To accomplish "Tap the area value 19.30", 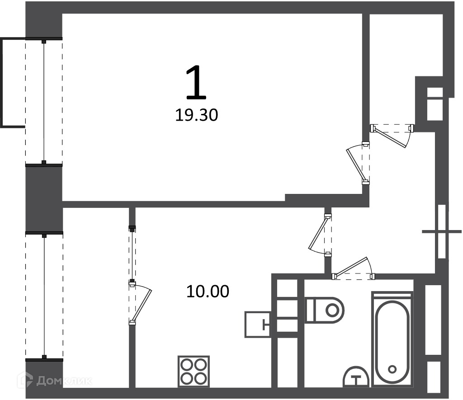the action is click(x=197, y=115).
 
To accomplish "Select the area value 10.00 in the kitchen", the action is click(x=208, y=292).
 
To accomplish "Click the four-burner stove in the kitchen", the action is click(x=194, y=372).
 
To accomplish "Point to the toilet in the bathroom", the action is click(x=325, y=310).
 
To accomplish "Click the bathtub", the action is click(x=392, y=339).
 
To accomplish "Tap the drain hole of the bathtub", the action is click(x=392, y=369).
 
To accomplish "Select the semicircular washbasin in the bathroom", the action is click(x=356, y=376).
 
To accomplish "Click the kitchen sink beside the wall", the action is click(x=258, y=325).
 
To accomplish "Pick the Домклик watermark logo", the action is click(x=54, y=381).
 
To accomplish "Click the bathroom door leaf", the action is click(x=351, y=267).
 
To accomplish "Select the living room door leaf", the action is click(x=356, y=166).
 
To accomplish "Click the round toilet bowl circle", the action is click(x=332, y=310).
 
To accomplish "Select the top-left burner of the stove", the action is click(x=187, y=365).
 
